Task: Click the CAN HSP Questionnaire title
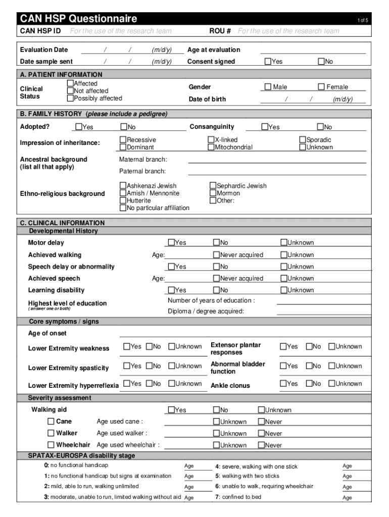78,19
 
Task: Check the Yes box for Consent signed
268,62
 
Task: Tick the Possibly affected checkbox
70,98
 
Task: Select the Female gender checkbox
321,87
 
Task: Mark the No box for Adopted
123,127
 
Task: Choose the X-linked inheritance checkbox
211,140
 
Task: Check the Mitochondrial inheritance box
211,147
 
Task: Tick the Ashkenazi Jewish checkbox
123,186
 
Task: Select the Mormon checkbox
213,193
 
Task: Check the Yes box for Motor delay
171,243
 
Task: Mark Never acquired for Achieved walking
216,255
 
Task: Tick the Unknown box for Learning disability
284,290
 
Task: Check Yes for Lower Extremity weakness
127,346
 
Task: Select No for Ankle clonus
309,384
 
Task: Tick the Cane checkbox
51,421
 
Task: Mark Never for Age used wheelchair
261,445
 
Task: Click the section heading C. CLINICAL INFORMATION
62,223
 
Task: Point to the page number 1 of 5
362,20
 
